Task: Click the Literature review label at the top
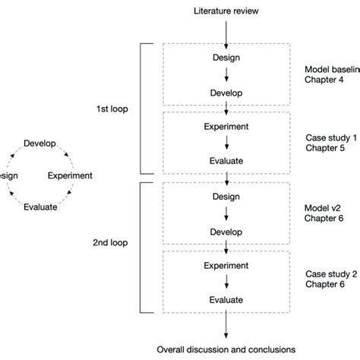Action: point(226,11)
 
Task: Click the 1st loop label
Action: point(112,109)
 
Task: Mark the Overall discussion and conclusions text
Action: point(225,350)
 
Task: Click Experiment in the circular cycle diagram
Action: point(70,175)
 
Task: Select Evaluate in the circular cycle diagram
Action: point(40,206)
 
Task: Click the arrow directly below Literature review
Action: point(226,30)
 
